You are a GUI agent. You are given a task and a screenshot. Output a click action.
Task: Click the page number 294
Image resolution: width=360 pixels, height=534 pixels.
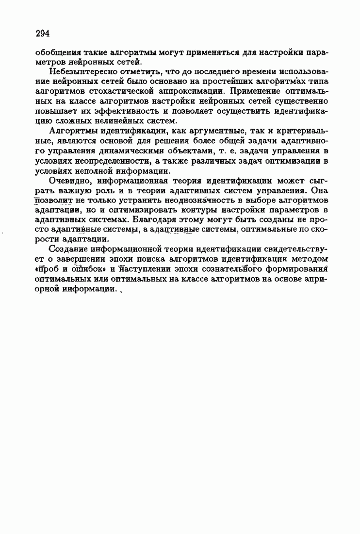tap(43, 33)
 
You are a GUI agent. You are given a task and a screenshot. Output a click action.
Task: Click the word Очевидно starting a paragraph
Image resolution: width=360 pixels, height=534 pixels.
tap(69, 181)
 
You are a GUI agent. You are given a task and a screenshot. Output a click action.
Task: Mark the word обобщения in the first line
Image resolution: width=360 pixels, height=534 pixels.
tap(56, 52)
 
